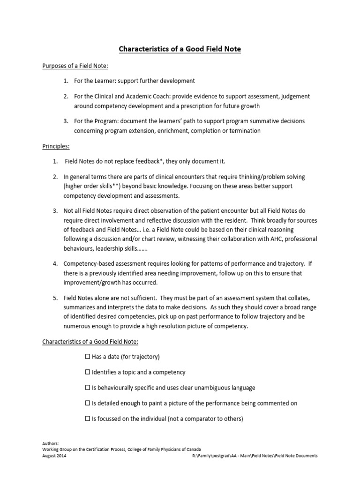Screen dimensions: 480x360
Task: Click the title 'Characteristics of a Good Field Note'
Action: click(x=180, y=48)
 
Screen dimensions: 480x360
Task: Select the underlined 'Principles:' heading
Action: click(x=56, y=146)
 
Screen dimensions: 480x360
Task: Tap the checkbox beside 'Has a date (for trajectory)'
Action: click(x=88, y=357)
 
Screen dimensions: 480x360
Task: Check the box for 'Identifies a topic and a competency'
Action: click(x=88, y=372)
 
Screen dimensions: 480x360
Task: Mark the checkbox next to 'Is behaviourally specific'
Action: click(x=88, y=388)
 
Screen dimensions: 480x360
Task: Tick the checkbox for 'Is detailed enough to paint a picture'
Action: click(x=88, y=403)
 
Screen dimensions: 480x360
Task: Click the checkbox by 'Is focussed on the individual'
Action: click(x=88, y=419)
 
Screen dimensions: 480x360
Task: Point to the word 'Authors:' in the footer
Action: click(x=50, y=442)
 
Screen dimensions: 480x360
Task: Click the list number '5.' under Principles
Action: click(x=55, y=298)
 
